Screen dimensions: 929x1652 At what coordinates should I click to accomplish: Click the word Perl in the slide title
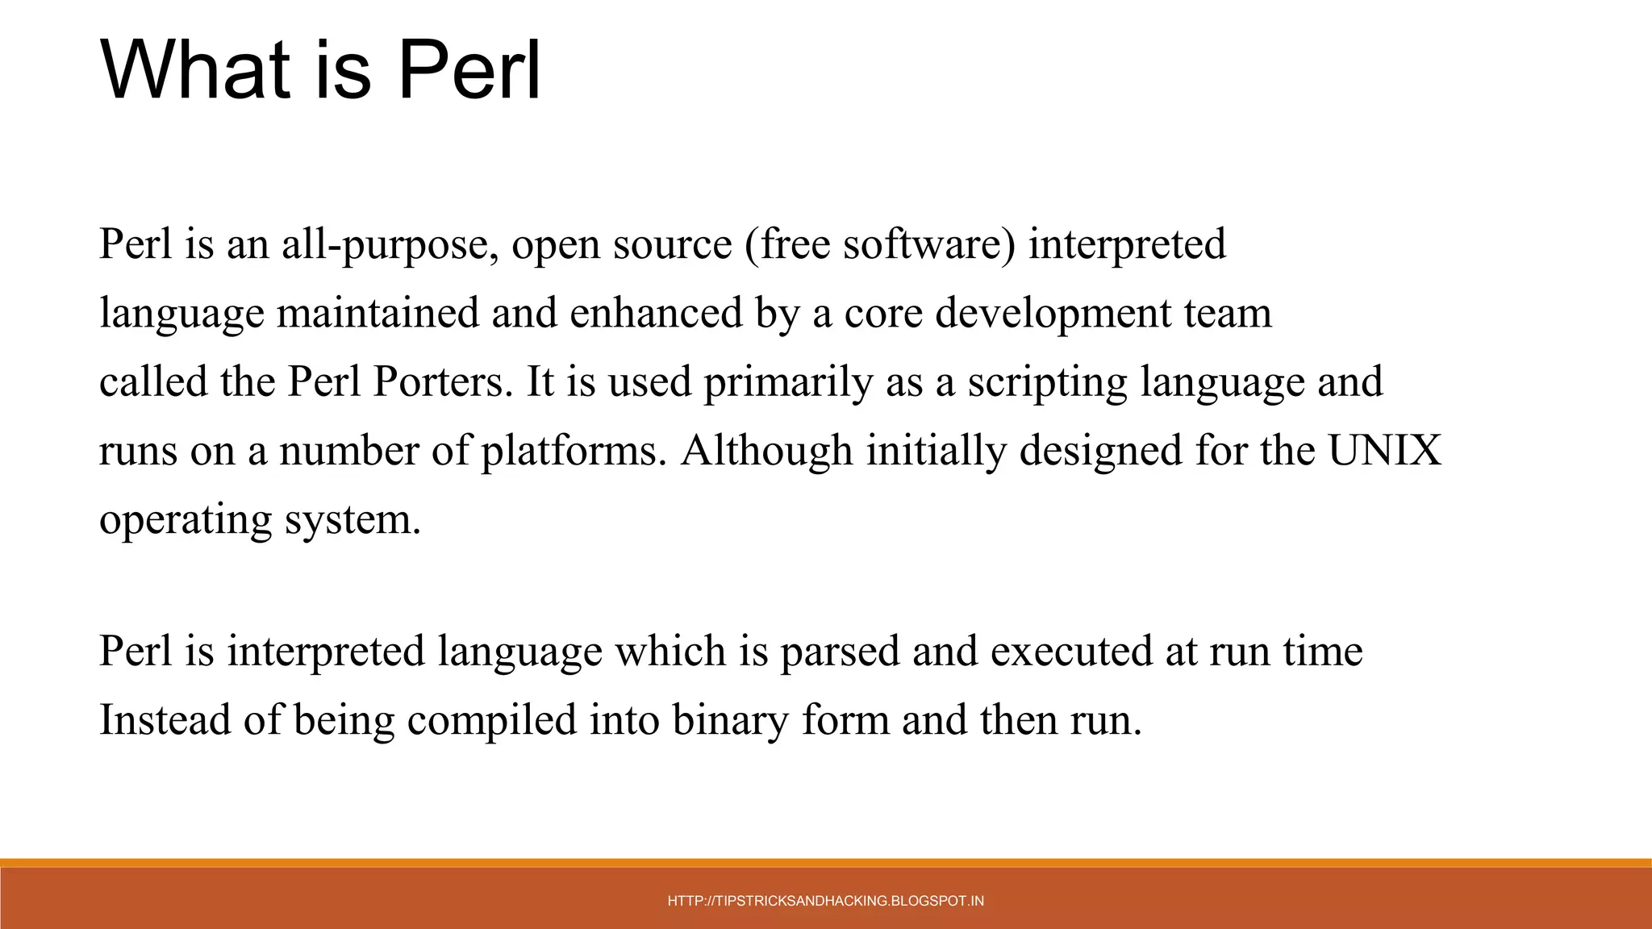pos(469,70)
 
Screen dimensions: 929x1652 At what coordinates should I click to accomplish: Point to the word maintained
pos(378,313)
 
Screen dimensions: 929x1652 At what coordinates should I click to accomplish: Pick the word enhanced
pos(656,313)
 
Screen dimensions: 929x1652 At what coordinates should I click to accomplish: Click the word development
pos(1053,313)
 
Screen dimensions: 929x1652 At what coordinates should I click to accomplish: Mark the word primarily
pos(788,381)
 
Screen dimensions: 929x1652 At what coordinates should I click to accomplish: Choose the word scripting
pos(1047,381)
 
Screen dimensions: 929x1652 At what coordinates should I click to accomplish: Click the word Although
pos(767,450)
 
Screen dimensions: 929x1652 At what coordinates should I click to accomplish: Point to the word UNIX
pos(1384,450)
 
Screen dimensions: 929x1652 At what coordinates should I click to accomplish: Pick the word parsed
pos(839,651)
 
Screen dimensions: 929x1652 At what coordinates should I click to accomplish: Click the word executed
pos(1071,651)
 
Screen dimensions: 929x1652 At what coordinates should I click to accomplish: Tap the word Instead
pos(165,719)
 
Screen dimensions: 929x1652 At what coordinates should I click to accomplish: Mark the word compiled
pos(492,719)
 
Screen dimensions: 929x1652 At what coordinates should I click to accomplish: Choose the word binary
pos(730,719)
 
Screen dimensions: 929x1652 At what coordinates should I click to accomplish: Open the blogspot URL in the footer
pos(826,901)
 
